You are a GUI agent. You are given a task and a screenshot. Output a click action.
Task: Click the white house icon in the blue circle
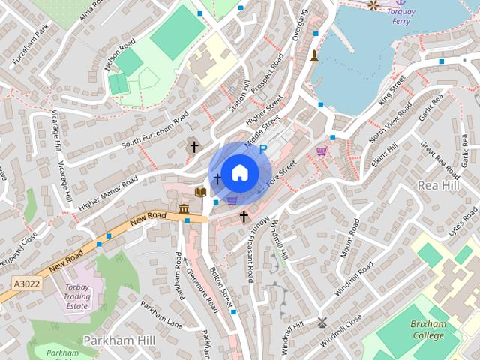click(x=239, y=173)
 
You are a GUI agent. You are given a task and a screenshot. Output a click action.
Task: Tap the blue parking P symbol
click(x=263, y=151)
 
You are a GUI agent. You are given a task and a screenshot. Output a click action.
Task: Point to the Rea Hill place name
click(x=438, y=184)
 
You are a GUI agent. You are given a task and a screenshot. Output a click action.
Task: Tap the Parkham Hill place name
click(x=113, y=340)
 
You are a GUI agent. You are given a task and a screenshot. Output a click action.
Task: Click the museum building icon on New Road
click(x=184, y=208)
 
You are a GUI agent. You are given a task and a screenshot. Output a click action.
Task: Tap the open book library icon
click(x=200, y=193)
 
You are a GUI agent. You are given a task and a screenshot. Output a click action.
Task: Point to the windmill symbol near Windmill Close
click(x=322, y=322)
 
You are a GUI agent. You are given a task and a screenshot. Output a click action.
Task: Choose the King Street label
click(x=391, y=89)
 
